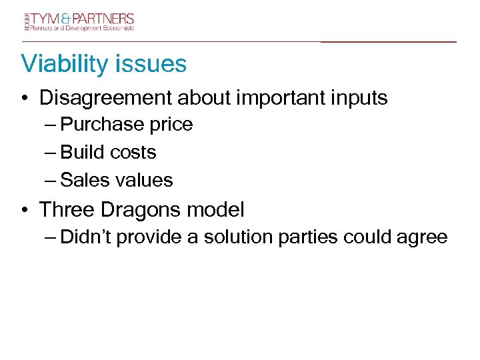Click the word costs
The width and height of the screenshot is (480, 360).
133,153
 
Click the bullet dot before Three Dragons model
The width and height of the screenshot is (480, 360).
25,211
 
